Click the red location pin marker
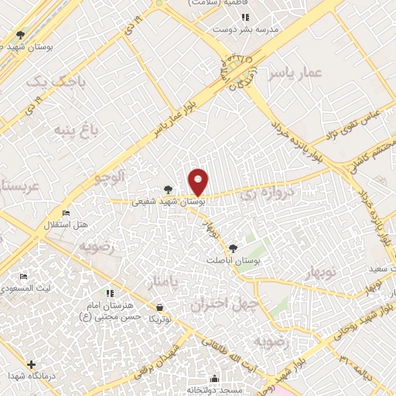pyautogui.click(x=199, y=183)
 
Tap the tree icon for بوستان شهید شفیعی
pyautogui.click(x=169, y=189)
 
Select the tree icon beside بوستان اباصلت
pyautogui.click(x=233, y=247)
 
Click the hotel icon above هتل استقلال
pyautogui.click(x=66, y=213)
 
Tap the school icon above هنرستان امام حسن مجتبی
pyautogui.click(x=110, y=293)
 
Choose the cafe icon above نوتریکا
pyautogui.click(x=159, y=307)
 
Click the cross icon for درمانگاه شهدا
pyautogui.click(x=31, y=364)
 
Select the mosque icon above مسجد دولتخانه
pyautogui.click(x=214, y=379)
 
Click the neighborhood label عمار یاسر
pyautogui.click(x=293, y=74)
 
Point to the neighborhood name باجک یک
pyautogui.click(x=46, y=80)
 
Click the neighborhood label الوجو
pyautogui.click(x=109, y=177)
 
